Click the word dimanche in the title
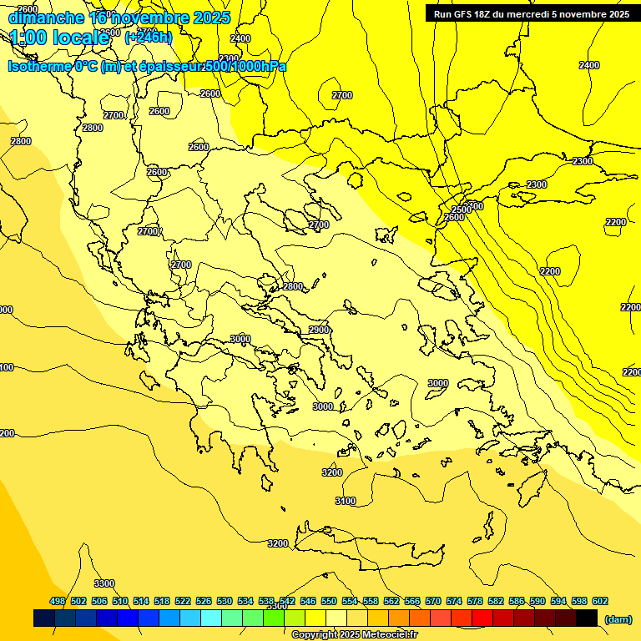click(47, 18)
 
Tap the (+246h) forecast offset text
click(149, 37)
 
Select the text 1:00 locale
click(59, 38)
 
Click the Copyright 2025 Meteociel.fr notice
click(354, 635)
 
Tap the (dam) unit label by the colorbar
click(618, 618)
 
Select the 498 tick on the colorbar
click(58, 601)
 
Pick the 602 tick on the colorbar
click(600, 601)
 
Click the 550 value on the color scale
click(329, 601)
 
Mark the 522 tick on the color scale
click(183, 601)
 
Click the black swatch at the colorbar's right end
click(587, 618)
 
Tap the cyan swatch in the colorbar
click(211, 618)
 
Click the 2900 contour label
click(319, 330)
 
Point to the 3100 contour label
click(345, 501)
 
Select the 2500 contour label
click(460, 209)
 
